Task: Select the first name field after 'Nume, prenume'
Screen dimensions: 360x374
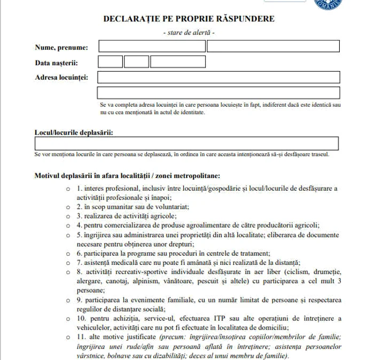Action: pos(151,46)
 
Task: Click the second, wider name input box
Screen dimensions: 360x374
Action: pos(273,46)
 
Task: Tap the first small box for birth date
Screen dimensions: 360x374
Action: pos(110,62)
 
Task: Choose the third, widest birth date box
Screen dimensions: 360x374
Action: pos(170,62)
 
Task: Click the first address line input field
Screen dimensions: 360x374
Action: pos(219,77)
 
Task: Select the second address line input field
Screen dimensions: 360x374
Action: pos(219,93)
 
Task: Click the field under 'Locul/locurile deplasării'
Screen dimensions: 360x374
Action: pos(186,144)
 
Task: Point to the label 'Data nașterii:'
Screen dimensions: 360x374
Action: pos(56,62)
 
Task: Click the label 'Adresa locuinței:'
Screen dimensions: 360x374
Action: pos(61,77)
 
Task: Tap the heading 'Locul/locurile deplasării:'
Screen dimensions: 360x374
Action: pos(74,132)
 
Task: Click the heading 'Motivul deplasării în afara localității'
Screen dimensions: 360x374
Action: pos(127,175)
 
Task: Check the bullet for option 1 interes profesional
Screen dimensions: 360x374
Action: pos(68,189)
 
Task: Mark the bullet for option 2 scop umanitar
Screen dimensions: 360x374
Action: pos(68,207)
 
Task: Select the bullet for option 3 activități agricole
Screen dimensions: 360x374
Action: pos(68,216)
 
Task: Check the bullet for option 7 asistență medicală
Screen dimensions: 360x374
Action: pos(68,262)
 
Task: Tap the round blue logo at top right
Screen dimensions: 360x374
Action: pos(329,4)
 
